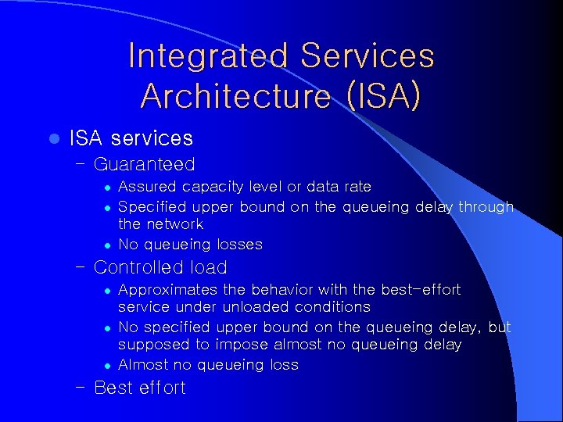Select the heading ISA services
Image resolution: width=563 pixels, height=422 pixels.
pos(131,138)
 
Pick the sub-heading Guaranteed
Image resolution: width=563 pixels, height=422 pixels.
pos(144,164)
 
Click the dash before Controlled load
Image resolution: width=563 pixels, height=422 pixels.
pos(81,267)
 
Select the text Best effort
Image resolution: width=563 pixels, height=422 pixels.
pos(139,388)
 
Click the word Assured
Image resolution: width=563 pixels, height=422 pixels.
pos(148,187)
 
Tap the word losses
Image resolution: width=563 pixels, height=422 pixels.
pos(238,245)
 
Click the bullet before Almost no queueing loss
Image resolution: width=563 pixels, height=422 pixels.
pos(109,365)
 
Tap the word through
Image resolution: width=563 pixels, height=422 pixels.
pos(486,206)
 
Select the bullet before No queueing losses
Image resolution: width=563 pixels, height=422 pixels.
pos(109,245)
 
